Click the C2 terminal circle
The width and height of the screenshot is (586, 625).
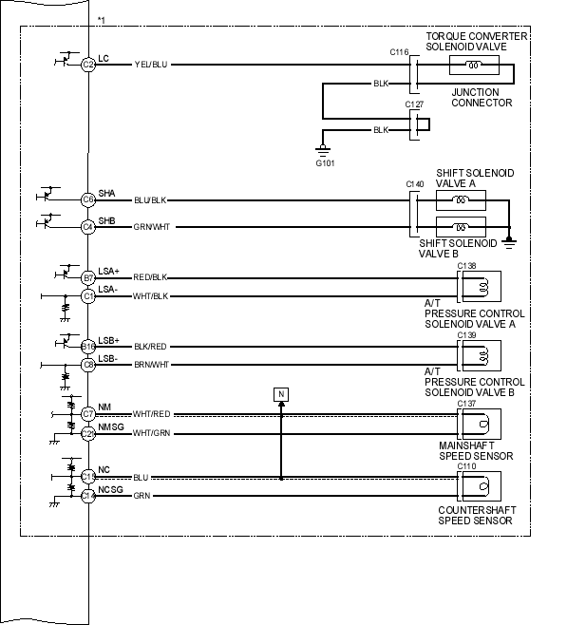[x=88, y=65]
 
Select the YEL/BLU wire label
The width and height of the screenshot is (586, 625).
[x=151, y=65]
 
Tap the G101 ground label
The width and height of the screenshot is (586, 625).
[x=325, y=160]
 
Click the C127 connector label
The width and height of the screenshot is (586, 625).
[x=414, y=104]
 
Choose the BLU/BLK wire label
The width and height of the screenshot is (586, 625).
[x=150, y=200]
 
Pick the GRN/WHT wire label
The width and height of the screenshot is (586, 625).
[x=151, y=227]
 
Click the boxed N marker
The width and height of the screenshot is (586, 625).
[x=280, y=393]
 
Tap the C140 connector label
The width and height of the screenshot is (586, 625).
[x=414, y=183]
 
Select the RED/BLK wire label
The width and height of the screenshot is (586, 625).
[x=150, y=278]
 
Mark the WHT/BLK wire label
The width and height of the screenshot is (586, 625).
[x=150, y=296]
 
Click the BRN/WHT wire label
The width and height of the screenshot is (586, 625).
[x=150, y=365]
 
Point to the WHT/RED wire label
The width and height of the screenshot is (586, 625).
[x=151, y=414]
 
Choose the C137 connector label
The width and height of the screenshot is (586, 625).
[x=466, y=404]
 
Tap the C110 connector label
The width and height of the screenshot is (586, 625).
[x=466, y=467]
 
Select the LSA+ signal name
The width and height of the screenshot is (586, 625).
[x=108, y=271]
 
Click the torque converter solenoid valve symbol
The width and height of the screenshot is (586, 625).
[x=474, y=65]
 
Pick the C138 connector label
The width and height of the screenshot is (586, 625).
[x=466, y=267]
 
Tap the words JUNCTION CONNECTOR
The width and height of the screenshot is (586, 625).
[x=482, y=98]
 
